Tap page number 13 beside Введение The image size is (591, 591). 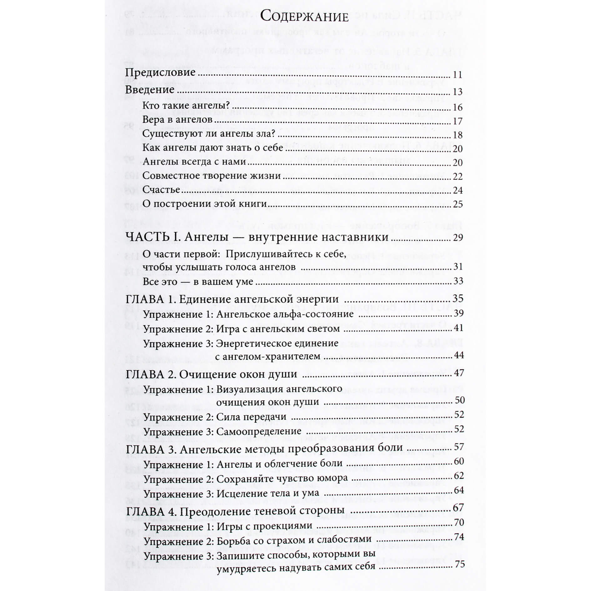coord(457,92)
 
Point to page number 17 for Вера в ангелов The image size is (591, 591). coord(457,121)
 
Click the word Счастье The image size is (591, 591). coord(161,190)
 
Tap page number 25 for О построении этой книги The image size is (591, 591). coord(457,204)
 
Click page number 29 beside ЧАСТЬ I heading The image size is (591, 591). coord(457,238)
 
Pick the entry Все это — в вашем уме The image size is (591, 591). coord(198,281)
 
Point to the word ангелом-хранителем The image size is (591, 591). coord(268,356)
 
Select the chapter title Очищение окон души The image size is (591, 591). coord(238,374)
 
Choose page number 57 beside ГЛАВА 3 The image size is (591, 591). coord(459,447)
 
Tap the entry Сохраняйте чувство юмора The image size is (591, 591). coord(282,479)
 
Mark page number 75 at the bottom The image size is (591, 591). coord(459,564)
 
